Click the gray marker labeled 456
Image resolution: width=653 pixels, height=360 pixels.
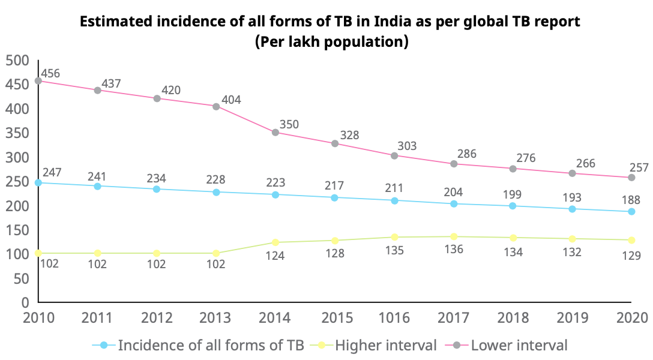38,81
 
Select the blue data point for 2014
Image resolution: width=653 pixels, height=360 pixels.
275,194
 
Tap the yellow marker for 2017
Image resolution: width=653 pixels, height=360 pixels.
454,236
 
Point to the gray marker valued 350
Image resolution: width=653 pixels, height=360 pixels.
275,133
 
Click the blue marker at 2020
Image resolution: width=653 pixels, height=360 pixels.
631,211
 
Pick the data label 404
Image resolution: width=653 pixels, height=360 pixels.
230,100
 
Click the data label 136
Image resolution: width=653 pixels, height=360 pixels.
454,249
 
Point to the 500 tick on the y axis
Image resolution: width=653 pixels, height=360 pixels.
17,61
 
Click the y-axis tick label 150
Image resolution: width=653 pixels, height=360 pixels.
17,230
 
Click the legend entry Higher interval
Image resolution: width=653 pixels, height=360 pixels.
385,345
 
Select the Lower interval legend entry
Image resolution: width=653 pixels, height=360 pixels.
519,345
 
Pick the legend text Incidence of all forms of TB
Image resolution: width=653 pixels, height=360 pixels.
211,345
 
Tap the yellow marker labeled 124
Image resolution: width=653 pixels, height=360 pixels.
275,242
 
